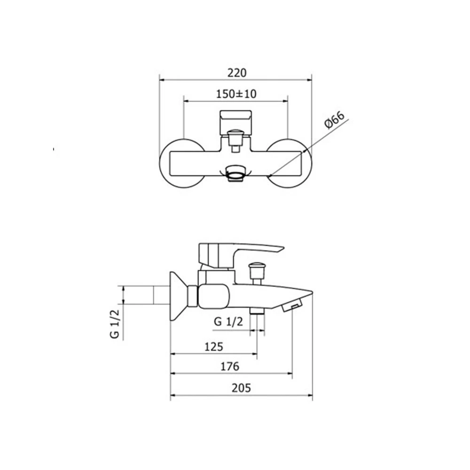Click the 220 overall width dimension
pyautogui.click(x=237, y=73)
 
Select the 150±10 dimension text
pyautogui.click(x=236, y=94)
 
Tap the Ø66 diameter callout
pyautogui.click(x=334, y=120)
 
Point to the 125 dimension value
pyautogui.click(x=214, y=347)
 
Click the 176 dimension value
pyautogui.click(x=230, y=366)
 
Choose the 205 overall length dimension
pyautogui.click(x=241, y=388)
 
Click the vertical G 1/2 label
pyautogui.click(x=115, y=324)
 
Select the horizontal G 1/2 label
pyautogui.click(x=228, y=321)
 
